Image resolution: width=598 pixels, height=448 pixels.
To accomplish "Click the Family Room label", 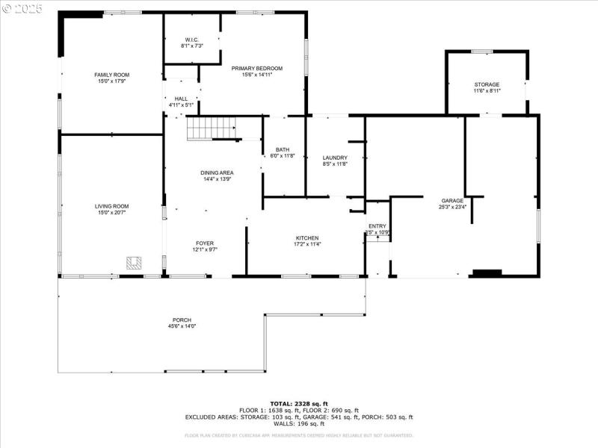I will pos(112,75).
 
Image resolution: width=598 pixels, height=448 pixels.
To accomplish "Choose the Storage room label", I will pos(487,84).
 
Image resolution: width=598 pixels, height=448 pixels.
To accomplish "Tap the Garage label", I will pos(452,200).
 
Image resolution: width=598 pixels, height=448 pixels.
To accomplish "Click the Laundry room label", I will pos(335,158).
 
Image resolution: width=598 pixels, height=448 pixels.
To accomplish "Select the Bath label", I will pos(283,149).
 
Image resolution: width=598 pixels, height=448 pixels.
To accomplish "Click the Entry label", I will pos(377,226).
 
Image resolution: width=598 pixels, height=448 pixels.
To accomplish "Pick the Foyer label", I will pos(205,243).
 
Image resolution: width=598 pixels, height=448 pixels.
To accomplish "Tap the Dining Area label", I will pos(217,172).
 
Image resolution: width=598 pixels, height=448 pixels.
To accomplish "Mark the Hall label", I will pos(181,99).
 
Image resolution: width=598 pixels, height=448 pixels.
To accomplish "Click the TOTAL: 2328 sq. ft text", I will pos(299,403).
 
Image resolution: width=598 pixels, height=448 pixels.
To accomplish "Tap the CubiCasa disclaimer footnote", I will pos(299,435).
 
